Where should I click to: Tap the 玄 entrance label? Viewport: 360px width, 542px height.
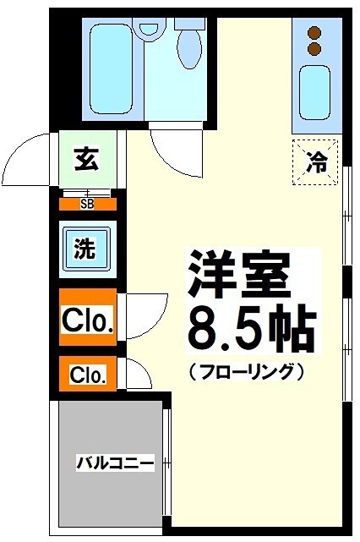click(x=85, y=159)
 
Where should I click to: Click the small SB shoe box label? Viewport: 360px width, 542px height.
click(x=87, y=204)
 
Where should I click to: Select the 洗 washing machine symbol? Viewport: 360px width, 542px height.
click(x=85, y=249)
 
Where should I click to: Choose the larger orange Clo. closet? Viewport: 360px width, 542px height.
click(x=86, y=319)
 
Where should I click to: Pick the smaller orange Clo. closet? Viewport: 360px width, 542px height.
click(x=87, y=375)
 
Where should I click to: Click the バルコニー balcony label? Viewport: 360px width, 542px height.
click(x=115, y=463)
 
